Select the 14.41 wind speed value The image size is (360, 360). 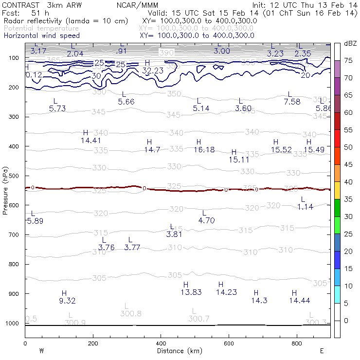(x=90, y=141)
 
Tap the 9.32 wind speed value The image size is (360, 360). (x=67, y=301)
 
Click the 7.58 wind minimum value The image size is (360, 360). (x=292, y=102)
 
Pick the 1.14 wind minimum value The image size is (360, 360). (x=305, y=207)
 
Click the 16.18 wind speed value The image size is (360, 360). (x=204, y=149)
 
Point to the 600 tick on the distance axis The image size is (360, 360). (x=229, y=343)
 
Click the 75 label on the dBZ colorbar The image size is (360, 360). (x=348, y=61)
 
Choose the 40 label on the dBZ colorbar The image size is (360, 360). (x=348, y=182)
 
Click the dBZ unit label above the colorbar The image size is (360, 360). (x=350, y=44)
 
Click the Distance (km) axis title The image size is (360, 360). (x=177, y=351)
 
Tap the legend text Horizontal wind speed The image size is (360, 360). (x=41, y=36)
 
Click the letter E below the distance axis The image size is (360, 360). (x=322, y=351)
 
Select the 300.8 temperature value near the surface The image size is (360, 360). (x=130, y=314)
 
